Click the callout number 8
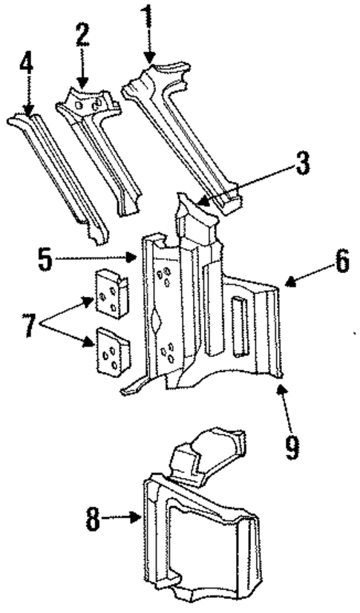[92, 519]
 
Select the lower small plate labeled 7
[109, 353]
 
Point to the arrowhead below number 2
[82, 80]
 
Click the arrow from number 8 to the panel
[123, 519]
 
